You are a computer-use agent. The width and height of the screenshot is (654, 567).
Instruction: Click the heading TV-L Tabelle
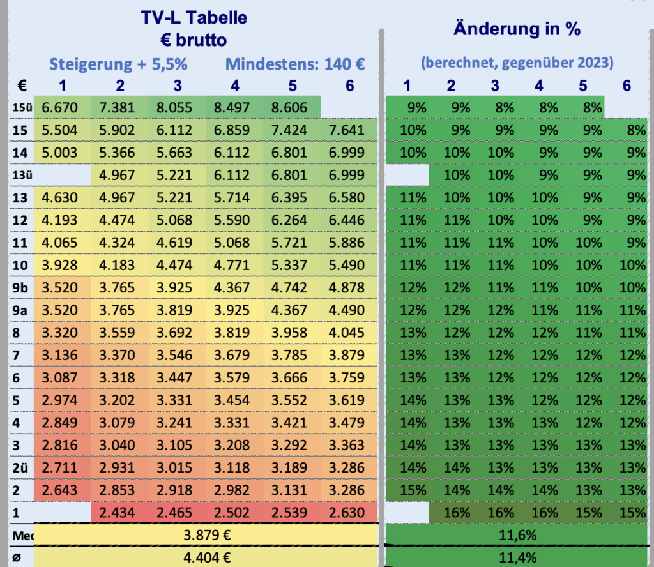coord(194,18)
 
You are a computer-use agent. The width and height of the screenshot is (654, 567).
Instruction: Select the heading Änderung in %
coord(517,29)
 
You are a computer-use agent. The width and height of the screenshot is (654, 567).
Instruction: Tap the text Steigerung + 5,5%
coord(118,64)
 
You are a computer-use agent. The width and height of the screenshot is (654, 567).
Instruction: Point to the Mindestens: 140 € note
coord(294,64)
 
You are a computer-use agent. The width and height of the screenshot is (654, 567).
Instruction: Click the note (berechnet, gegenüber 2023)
coord(517,63)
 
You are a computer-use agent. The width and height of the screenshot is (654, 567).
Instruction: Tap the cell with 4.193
coord(59,220)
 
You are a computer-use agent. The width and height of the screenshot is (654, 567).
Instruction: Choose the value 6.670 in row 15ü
coord(59,108)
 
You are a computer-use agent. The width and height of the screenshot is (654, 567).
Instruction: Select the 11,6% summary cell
coord(517,534)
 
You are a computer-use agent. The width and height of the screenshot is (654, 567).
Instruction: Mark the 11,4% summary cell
coord(517,557)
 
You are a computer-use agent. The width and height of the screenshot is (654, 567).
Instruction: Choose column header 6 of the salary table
coord(349,86)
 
